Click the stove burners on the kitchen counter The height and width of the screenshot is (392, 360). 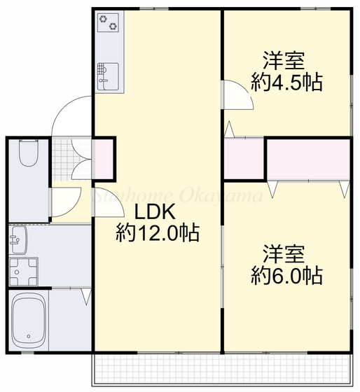[108, 24]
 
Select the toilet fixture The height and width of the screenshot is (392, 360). [29, 153]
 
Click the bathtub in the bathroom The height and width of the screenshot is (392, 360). [29, 320]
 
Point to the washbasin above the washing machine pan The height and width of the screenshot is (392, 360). [19, 239]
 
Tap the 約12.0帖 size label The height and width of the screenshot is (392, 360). [157, 232]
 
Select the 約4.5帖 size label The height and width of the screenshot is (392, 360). [286, 83]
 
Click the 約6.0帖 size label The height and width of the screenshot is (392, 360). [286, 276]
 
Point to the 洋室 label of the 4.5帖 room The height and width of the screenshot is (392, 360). [284, 59]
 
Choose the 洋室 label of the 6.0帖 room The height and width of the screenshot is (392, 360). [284, 253]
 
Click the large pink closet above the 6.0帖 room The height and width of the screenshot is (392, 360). [308, 159]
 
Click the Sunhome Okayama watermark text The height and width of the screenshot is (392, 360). [179, 196]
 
